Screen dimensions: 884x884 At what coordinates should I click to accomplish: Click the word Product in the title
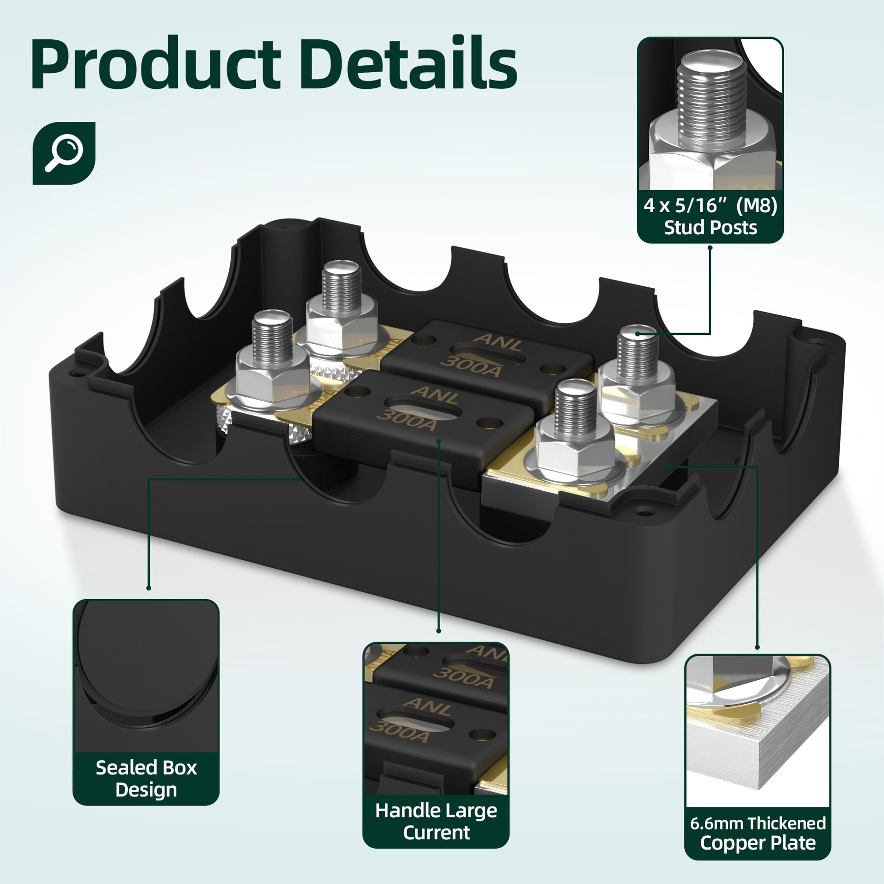click(x=156, y=65)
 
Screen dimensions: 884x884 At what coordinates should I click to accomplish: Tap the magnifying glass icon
click(x=64, y=153)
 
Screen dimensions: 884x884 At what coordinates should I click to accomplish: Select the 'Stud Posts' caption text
click(x=710, y=228)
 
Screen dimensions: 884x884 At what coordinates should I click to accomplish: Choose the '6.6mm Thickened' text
click(x=758, y=823)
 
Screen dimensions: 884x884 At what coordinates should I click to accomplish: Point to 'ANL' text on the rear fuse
click(x=497, y=341)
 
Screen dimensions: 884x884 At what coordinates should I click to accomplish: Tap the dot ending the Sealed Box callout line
click(x=148, y=588)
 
